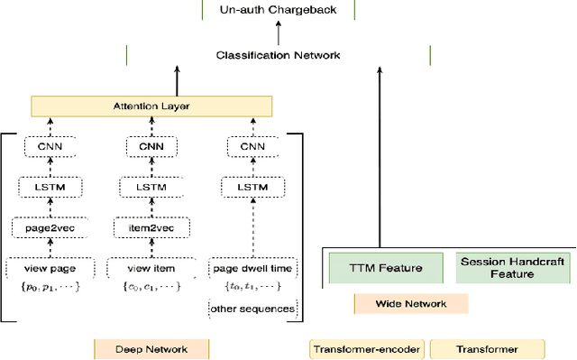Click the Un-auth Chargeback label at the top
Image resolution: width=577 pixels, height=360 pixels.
pos(278,10)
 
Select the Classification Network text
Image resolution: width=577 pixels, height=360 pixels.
pos(278,55)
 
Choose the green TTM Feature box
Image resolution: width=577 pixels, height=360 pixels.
pos(384,268)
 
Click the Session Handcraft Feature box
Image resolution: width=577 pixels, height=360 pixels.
pos(512,268)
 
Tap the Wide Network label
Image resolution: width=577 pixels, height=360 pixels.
pos(411,304)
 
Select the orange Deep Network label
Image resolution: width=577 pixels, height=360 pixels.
pos(151,349)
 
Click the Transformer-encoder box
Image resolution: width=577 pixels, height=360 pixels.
pos(367,349)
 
